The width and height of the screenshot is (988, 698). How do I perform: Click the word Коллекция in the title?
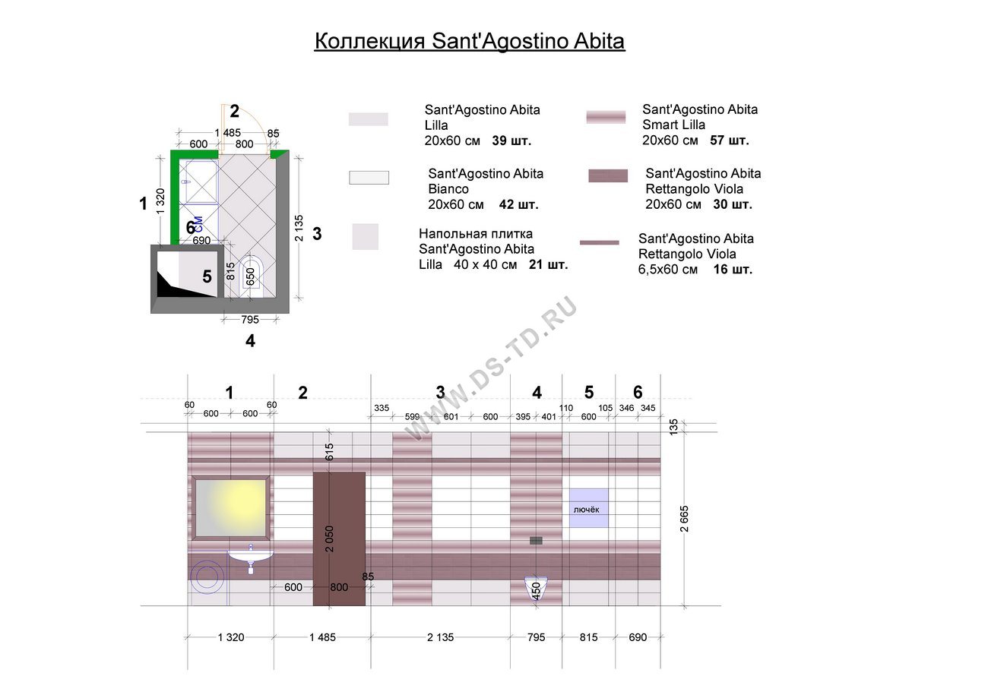(369, 42)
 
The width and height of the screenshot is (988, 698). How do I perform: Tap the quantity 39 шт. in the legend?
(511, 141)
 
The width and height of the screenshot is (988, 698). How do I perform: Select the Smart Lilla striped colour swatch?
(606, 117)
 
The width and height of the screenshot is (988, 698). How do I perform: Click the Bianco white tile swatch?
(369, 178)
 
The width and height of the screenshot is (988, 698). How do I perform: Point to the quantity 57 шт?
(729, 140)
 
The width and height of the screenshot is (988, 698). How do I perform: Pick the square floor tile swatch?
(366, 237)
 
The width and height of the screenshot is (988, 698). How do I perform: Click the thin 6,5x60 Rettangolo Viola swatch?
(599, 242)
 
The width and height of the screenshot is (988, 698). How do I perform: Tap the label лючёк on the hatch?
(586, 510)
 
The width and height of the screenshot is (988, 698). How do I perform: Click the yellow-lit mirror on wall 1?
(231, 508)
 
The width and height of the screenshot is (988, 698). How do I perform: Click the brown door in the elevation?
(339, 539)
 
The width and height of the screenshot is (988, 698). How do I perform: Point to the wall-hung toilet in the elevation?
(536, 589)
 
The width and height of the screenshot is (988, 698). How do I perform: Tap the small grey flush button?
(536, 540)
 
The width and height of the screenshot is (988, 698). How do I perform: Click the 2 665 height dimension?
(684, 519)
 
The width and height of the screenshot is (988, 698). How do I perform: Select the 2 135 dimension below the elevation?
(440, 637)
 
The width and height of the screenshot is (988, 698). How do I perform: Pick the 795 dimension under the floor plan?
(249, 320)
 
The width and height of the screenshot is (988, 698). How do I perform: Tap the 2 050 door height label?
(329, 539)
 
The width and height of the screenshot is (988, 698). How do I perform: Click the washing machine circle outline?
(207, 576)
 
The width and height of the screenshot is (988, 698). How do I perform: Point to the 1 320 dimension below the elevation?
(231, 637)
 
